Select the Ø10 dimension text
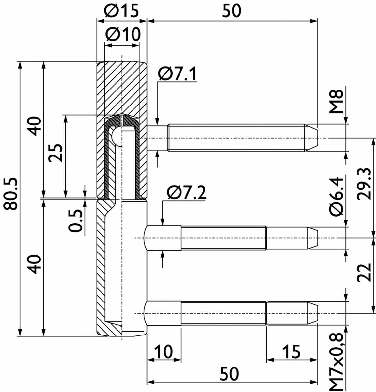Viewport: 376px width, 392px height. click(123, 34)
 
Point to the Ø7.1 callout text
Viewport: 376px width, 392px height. click(177, 74)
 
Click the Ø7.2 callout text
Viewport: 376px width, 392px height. click(186, 192)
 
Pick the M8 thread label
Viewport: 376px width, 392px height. click(336, 102)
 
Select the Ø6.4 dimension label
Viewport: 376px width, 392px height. click(336, 197)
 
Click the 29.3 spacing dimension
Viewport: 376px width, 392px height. click(364, 184)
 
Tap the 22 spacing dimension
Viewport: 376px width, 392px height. click(364, 272)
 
